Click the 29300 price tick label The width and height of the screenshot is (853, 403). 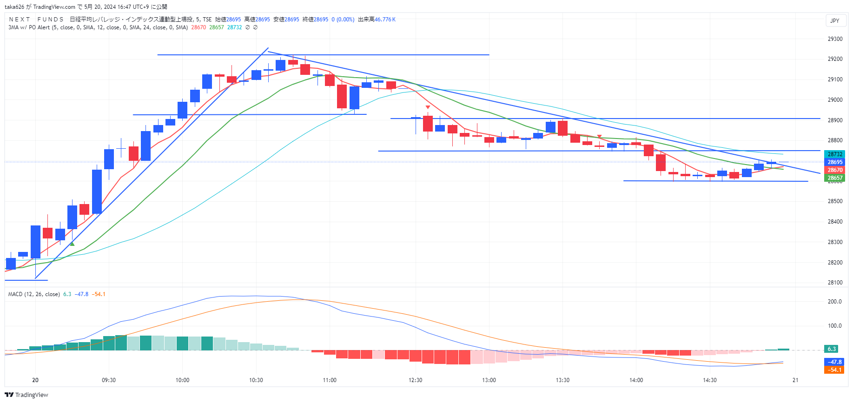(835, 39)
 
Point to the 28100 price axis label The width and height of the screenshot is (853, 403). (835, 283)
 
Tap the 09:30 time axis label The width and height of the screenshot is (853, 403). (109, 380)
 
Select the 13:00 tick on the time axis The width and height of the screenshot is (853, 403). (489, 380)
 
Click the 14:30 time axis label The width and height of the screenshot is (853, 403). (710, 380)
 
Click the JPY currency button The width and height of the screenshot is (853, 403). (835, 21)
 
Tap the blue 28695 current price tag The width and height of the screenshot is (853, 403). (835, 162)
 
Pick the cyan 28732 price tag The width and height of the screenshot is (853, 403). (835, 154)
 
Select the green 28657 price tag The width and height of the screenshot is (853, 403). (835, 178)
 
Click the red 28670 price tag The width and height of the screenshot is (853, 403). (835, 170)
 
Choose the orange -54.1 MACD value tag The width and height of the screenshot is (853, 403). (835, 370)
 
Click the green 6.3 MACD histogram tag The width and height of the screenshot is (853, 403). (832, 349)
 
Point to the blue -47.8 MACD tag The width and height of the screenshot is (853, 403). (835, 362)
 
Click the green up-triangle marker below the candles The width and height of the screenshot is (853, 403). (72, 244)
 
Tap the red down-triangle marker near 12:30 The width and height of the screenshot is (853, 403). (428, 107)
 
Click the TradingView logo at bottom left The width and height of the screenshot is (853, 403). (26, 395)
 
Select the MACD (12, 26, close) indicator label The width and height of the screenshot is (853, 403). (34, 294)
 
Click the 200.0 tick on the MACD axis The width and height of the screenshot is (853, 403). (835, 302)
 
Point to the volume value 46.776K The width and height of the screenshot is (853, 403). (385, 20)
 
